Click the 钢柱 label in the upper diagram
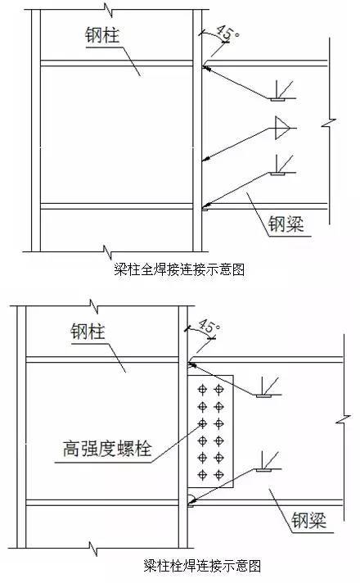102,36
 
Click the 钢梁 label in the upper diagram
286,224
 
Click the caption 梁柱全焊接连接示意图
179,269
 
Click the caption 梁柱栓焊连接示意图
202,566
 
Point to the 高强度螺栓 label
107,448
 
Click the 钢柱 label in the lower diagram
88,331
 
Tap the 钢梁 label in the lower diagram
308,520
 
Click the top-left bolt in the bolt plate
202,389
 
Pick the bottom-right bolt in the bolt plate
218,475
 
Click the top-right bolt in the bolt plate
218,389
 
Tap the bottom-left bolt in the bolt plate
202,475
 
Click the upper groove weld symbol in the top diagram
282,92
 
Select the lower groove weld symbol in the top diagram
282,166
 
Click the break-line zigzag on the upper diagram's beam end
329,123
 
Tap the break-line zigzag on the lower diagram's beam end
344,421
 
